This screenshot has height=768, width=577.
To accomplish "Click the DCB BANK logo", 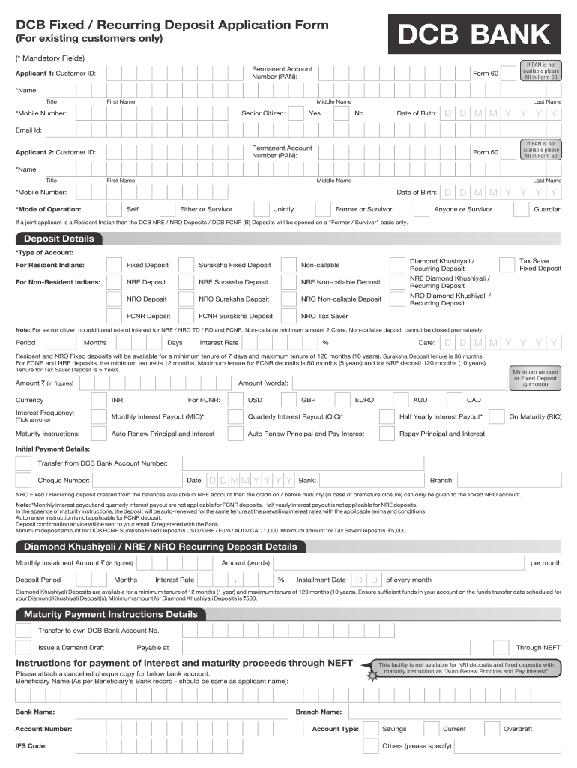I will click(474, 35).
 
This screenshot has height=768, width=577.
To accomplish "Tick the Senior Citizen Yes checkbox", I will click(296, 113).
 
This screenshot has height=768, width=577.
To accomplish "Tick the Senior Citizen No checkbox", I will click(341, 113).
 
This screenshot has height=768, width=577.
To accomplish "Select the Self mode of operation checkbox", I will click(114, 209).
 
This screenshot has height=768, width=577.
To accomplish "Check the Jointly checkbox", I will click(262, 209).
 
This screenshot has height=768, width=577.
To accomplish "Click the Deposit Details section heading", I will click(56, 238).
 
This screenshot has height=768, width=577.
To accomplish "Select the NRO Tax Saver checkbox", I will click(288, 316).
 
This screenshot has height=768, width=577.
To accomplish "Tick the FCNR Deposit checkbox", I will click(114, 316).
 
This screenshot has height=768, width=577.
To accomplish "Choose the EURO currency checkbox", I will click(342, 400).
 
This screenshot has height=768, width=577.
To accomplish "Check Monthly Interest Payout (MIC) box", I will click(99, 416).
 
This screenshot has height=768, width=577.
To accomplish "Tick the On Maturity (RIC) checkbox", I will click(496, 416).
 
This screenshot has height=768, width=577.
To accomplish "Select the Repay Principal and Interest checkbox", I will click(387, 433).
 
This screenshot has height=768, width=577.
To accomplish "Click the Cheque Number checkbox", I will click(24, 480).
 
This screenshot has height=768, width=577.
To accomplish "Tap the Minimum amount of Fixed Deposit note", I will click(535, 378).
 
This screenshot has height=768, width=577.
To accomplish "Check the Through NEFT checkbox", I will click(501, 647).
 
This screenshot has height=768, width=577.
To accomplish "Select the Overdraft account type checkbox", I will click(492, 729).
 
